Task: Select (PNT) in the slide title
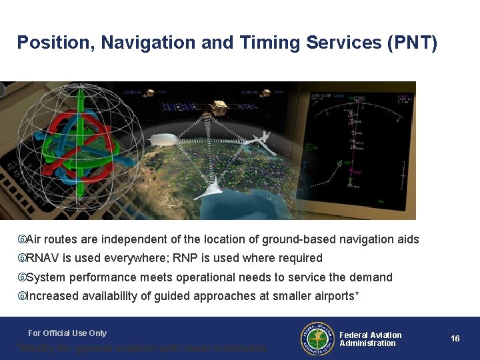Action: tap(412, 43)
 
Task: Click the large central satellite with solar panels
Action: tap(218, 108)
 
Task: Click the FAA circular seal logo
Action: tap(316, 339)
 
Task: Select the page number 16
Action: tap(455, 339)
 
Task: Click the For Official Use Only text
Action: tap(67, 333)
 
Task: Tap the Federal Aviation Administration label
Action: tap(371, 339)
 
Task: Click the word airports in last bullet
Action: tap(334, 296)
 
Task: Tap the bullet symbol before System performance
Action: tap(21, 277)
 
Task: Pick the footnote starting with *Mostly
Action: tap(141, 348)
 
